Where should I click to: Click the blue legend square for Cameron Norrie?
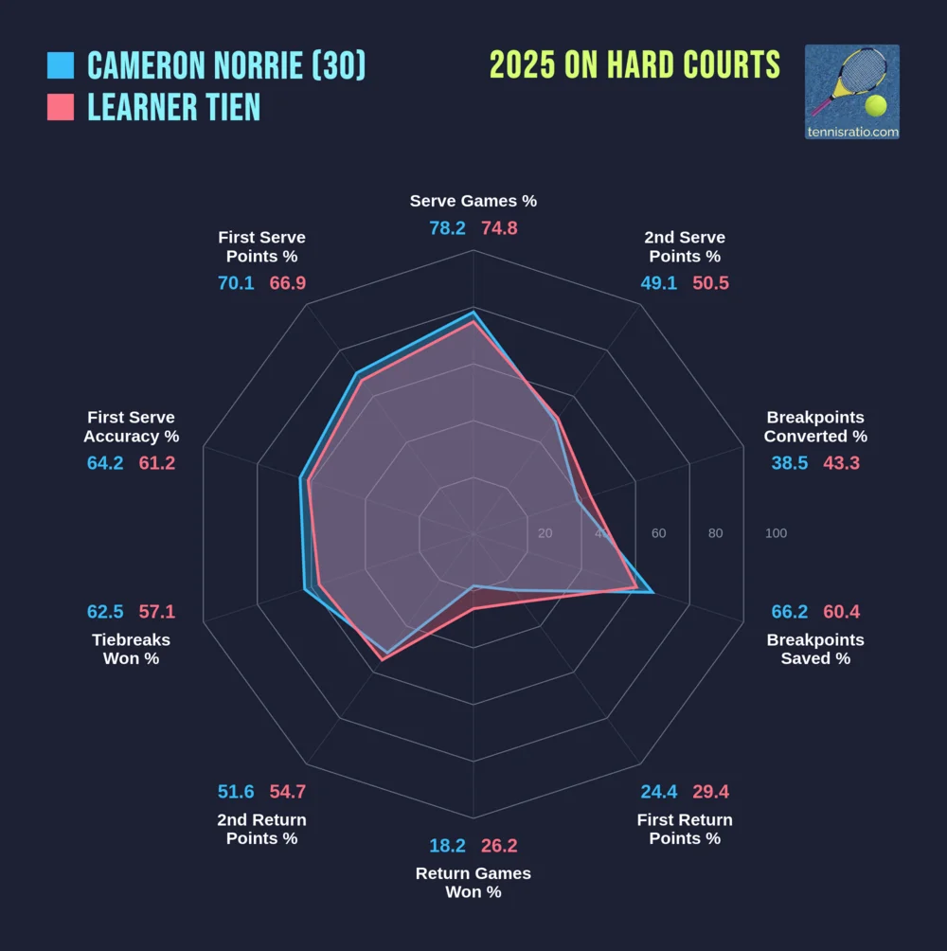tap(61, 65)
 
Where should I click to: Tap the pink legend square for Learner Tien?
tap(61, 107)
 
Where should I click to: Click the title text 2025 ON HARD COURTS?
tap(634, 65)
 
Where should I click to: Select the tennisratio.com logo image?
tap(851, 92)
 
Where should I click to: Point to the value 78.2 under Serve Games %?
tap(447, 228)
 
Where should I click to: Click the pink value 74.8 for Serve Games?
tap(499, 228)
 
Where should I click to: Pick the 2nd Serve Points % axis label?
tap(685, 247)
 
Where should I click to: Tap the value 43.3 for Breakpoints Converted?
tap(842, 463)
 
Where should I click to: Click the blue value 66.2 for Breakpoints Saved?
tap(790, 612)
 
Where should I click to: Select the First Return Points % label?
tap(685, 829)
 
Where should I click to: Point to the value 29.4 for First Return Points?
tap(710, 792)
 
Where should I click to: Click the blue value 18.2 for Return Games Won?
tap(447, 846)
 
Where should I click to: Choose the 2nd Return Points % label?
tap(261, 829)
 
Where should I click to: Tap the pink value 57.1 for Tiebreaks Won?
tap(157, 612)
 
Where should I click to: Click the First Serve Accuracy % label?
tap(132, 427)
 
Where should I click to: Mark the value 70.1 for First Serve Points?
tap(236, 283)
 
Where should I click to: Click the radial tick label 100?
tap(776, 533)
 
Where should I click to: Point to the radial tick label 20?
tap(545, 533)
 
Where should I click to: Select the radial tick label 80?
tap(715, 533)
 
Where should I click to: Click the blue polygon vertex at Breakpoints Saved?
tap(652, 592)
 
